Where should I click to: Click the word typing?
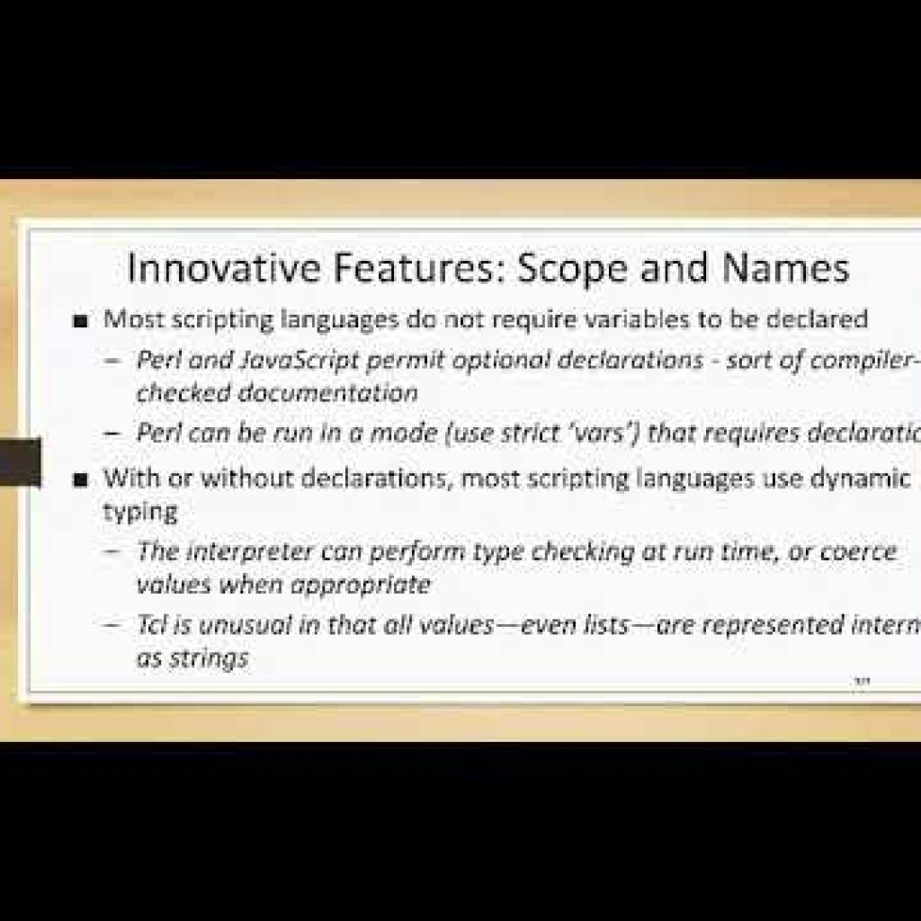[139, 511]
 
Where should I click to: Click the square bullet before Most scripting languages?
[83, 319]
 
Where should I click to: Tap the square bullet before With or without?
[83, 478]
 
